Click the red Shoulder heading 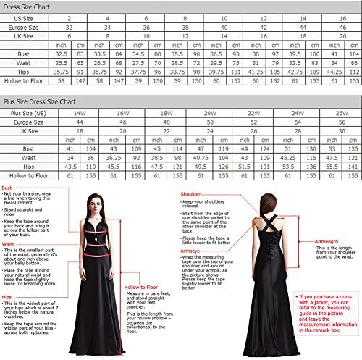pyautogui.click(x=190, y=194)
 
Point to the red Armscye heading pyautogui.click(x=191, y=251)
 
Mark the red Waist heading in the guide pyautogui.click(x=9, y=243)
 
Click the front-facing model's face pyautogui.click(x=93, y=199)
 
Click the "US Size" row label pyautogui.click(x=22, y=17)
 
